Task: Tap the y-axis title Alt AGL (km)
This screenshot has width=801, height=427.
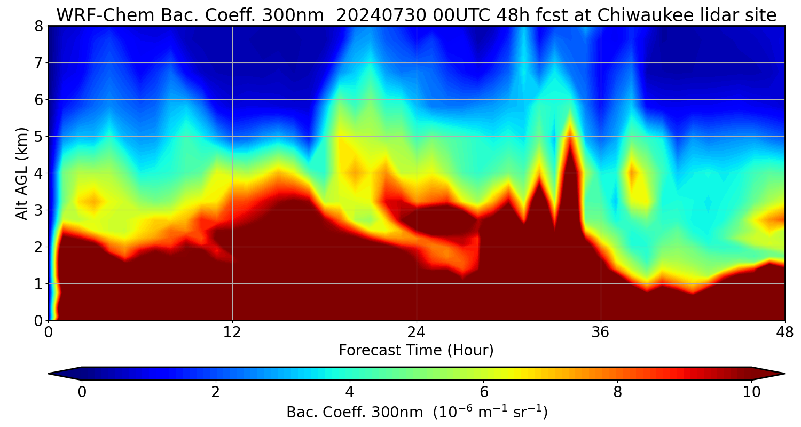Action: [22, 173]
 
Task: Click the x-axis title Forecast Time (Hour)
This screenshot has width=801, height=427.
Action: [416, 351]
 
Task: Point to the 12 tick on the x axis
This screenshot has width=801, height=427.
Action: [232, 333]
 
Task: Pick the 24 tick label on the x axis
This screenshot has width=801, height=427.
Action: [417, 333]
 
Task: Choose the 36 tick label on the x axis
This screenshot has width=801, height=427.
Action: [601, 333]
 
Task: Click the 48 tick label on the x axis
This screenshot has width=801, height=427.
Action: [784, 333]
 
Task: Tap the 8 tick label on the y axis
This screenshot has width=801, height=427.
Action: [38, 26]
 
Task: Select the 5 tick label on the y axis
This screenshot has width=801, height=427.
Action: [38, 137]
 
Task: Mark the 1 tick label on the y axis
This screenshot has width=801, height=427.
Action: [38, 284]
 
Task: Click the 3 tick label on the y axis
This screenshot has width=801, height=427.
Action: [38, 210]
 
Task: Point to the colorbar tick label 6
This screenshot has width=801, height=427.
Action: [484, 392]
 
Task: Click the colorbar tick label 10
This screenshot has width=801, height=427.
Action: [751, 392]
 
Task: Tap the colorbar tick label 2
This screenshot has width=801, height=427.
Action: [216, 392]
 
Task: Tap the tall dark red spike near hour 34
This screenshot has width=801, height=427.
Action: [570, 160]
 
